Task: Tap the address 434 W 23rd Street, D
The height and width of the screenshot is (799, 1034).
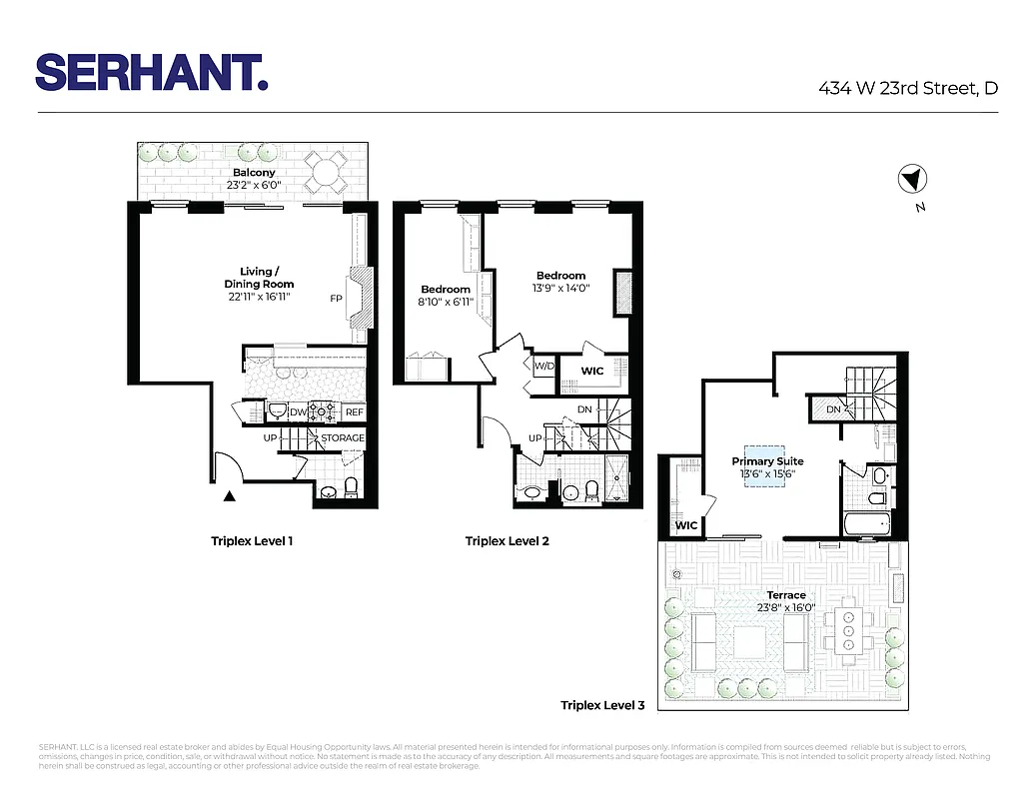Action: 908,88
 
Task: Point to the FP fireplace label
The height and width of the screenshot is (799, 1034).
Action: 337,299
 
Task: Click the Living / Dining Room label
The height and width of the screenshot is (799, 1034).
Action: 257,279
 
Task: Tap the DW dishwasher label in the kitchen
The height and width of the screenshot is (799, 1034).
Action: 298,412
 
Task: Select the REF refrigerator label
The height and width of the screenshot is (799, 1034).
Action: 354,412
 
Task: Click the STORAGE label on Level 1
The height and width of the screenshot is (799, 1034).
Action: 343,438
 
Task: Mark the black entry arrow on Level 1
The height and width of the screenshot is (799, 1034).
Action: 230,495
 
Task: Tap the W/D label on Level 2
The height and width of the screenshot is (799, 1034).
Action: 543,367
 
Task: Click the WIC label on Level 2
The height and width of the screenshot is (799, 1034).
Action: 592,371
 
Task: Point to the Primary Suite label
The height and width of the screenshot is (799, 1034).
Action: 767,461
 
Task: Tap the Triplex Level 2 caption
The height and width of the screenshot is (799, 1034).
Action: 507,541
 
